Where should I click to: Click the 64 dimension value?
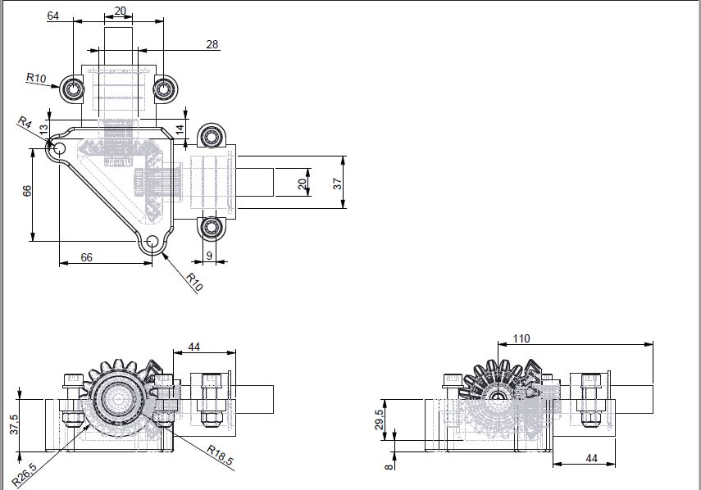[x=52, y=16]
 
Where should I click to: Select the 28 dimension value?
[x=212, y=45]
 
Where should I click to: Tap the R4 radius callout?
[x=25, y=122]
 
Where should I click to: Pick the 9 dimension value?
[x=210, y=256]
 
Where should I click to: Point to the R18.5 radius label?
[x=220, y=456]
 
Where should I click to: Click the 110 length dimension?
[x=521, y=338]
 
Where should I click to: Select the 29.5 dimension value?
[x=378, y=420]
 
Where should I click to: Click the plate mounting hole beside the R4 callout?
[x=58, y=148]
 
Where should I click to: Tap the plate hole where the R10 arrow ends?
[x=152, y=243]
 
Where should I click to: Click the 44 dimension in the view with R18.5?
[x=193, y=347]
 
